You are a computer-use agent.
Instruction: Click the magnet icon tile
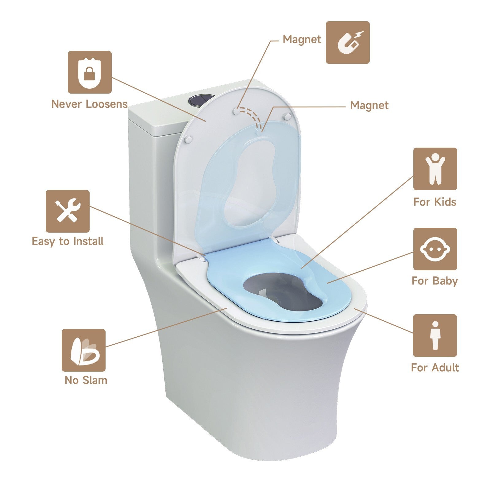point(348,42)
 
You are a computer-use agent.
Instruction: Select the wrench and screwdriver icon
point(68,211)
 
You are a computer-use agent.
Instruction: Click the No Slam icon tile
point(83,350)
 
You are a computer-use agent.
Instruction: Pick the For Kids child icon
point(435,169)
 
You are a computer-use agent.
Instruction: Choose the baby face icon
point(435,249)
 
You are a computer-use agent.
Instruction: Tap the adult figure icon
point(435,335)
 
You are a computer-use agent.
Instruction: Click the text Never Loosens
point(89,104)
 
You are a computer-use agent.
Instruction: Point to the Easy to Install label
point(68,241)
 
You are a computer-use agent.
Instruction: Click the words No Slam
point(86,380)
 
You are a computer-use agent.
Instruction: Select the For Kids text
point(435,202)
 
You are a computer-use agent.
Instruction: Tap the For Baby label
point(435,281)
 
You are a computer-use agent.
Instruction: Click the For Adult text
point(435,368)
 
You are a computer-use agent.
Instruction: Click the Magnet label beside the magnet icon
point(302,40)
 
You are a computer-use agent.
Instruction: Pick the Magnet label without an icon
point(369,106)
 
